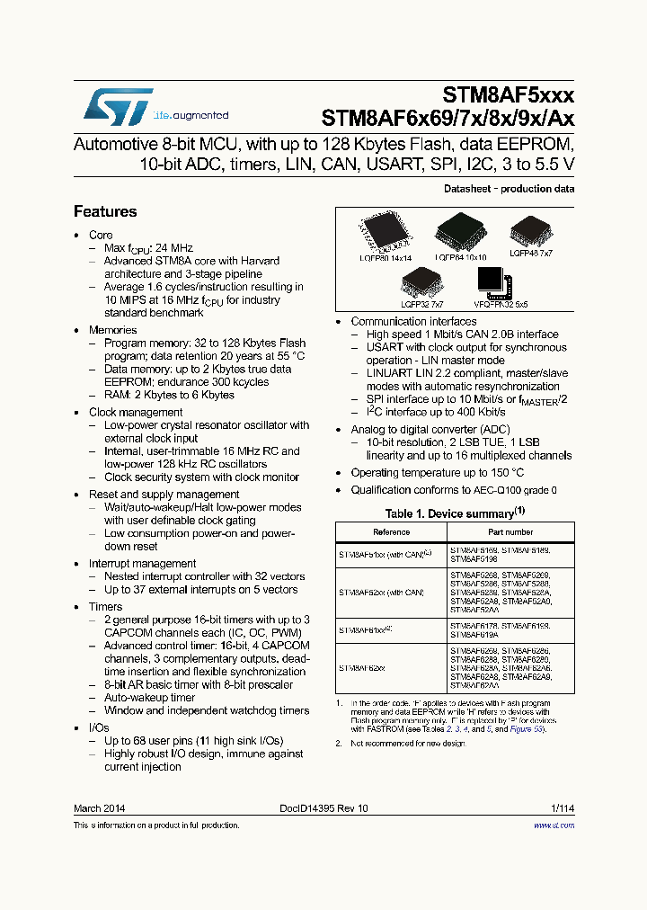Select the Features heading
105,211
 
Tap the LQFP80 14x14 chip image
385,233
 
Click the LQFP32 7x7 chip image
421,284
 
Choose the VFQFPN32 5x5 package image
495,284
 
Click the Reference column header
391,532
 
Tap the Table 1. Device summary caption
455,513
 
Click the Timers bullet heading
105,607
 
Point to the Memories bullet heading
112,330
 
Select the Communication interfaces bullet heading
413,321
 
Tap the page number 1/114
562,808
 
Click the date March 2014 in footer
99,808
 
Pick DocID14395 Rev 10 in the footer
323,808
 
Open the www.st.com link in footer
557,825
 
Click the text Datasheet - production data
509,189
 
